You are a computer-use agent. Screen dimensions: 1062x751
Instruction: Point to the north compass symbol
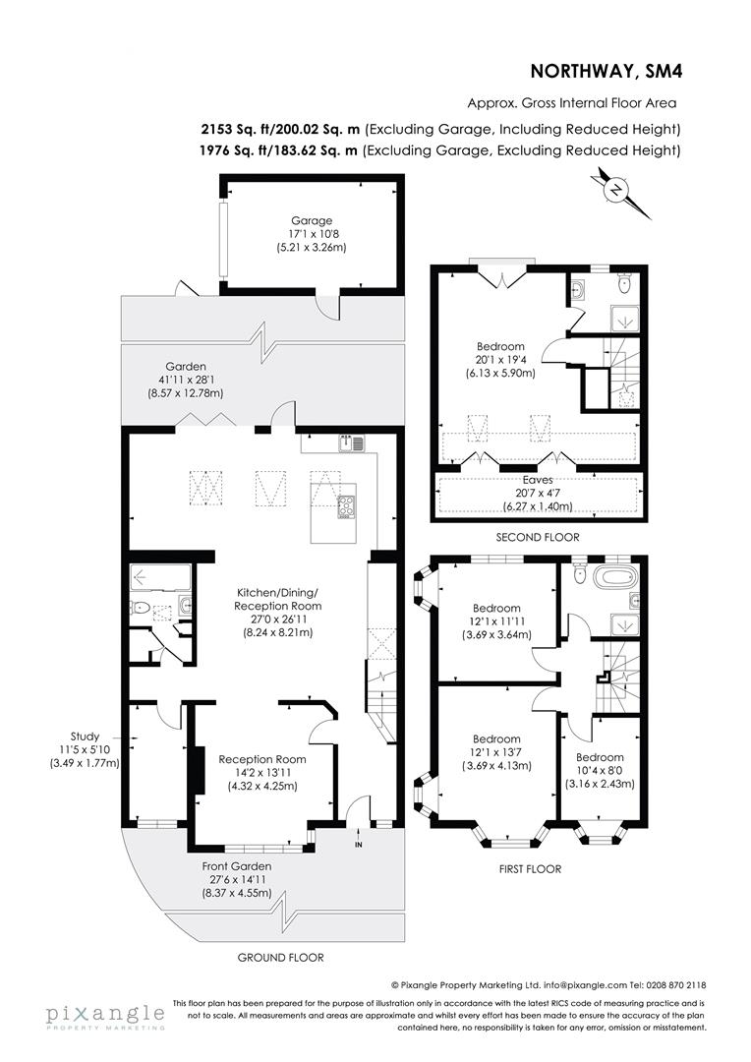617,190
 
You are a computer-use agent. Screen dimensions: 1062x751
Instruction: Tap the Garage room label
311,220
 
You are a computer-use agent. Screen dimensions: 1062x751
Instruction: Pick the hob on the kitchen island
347,507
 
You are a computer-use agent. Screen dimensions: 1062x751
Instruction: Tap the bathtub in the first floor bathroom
607,575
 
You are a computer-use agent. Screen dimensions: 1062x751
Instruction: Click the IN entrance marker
359,844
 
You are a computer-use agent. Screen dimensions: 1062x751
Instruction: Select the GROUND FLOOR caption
280,957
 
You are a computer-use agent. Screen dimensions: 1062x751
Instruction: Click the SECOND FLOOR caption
538,537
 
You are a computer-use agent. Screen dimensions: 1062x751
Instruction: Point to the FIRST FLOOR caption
530,868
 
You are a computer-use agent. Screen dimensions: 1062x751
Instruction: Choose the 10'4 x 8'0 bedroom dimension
600,770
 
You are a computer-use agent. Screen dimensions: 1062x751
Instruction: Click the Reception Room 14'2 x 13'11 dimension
261,773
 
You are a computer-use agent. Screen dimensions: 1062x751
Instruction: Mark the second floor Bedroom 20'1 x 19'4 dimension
500,360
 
